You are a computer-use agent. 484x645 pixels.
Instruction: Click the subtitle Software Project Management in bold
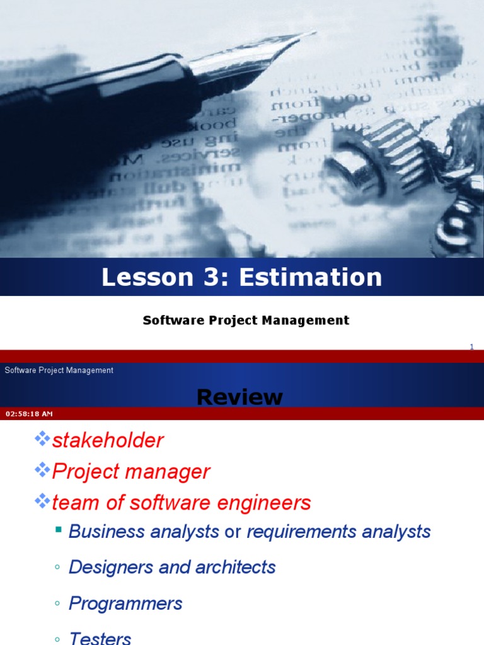point(246,320)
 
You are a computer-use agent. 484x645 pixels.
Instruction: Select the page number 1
point(471,346)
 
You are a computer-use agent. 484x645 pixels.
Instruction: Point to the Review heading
point(239,397)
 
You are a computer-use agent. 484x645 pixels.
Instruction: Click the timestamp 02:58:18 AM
point(29,414)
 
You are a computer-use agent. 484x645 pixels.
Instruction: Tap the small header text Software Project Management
point(59,370)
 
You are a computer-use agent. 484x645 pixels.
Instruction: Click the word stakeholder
point(108,440)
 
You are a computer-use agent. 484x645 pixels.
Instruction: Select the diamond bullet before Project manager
point(42,470)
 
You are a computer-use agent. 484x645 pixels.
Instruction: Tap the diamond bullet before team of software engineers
point(42,501)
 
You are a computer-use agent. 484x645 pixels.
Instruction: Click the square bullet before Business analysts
point(59,530)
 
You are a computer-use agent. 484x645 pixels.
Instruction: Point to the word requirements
point(301,532)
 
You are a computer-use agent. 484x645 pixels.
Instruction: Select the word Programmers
point(125,603)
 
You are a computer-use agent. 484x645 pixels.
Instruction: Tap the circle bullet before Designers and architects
point(57,568)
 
